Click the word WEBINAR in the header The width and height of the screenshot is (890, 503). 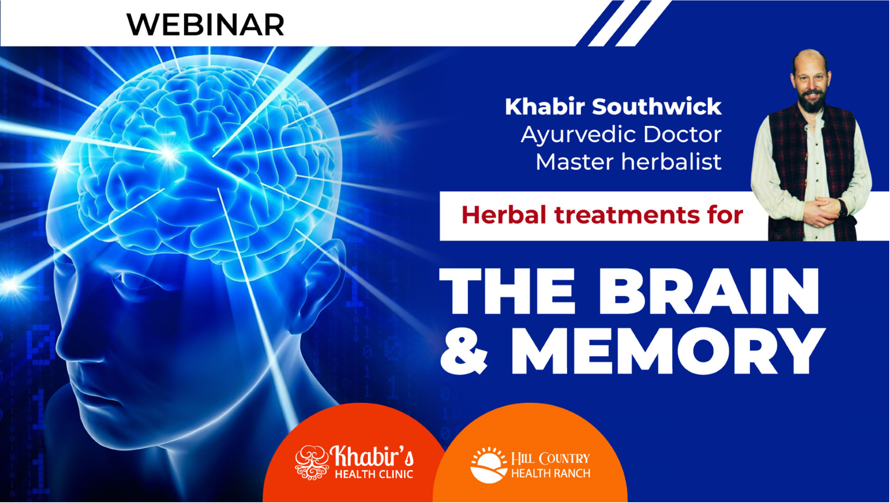click(x=205, y=25)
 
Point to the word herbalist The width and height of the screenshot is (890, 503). click(x=671, y=162)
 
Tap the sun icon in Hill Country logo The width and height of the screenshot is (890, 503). click(x=489, y=465)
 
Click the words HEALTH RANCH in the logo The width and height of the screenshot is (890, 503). click(x=551, y=473)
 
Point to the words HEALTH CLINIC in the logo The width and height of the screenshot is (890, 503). click(x=374, y=474)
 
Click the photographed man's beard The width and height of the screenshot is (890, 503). click(x=811, y=102)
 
